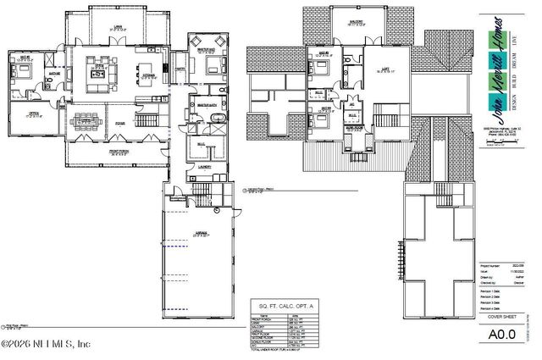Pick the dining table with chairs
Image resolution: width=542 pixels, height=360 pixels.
pos(87,119)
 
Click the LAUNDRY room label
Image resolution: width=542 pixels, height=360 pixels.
pos(204,167)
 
